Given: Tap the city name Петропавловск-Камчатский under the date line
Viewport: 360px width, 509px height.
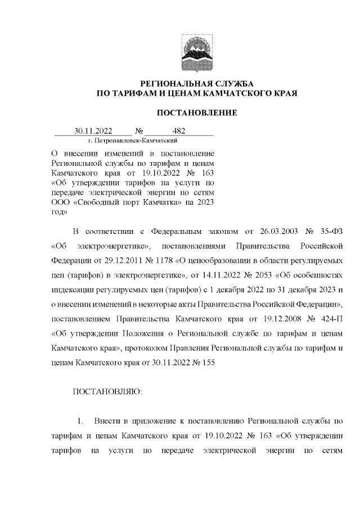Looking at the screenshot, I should (133, 139).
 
